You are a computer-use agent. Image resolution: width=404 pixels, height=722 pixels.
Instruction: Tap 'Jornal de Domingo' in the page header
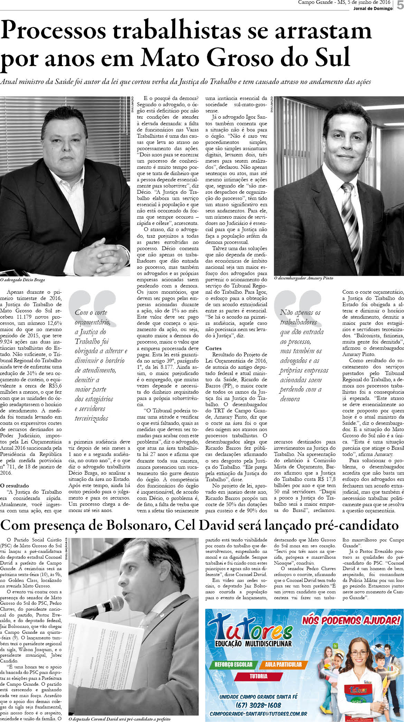click(373, 9)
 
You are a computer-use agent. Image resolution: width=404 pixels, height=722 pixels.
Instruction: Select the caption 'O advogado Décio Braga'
click(22, 280)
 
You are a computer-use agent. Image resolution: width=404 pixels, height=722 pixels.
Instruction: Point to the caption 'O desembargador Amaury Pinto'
click(303, 278)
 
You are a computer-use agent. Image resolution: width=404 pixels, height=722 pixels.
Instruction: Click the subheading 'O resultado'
click(15, 486)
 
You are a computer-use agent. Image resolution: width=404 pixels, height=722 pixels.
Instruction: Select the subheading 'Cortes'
click(213, 348)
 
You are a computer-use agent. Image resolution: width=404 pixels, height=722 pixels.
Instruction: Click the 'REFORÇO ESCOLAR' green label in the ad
click(233, 664)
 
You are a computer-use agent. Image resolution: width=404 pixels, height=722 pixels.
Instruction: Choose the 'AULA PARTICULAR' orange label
click(283, 664)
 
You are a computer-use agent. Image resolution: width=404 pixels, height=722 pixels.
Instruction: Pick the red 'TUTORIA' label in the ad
click(259, 676)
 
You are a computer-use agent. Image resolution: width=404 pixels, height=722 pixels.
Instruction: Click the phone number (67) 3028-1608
click(258, 705)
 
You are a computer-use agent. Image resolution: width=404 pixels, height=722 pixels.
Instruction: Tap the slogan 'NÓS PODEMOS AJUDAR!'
click(351, 620)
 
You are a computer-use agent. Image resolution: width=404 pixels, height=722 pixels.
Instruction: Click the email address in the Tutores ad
click(258, 714)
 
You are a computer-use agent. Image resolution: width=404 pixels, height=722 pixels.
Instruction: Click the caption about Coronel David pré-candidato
click(119, 719)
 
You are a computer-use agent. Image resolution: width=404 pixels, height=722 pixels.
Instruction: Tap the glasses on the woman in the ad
click(359, 653)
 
